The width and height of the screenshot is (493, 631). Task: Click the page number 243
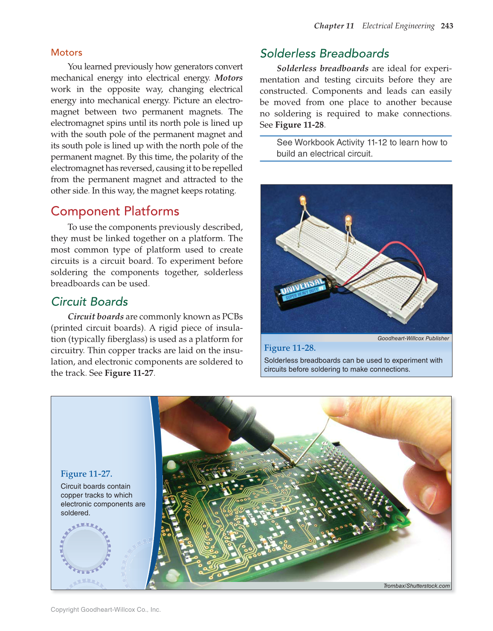pyautogui.click(x=447, y=26)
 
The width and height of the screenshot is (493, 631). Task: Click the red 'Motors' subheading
pyautogui.click(x=67, y=52)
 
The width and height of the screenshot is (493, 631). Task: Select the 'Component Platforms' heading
pyautogui.click(x=115, y=211)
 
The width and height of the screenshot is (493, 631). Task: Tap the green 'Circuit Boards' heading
pyautogui.click(x=90, y=302)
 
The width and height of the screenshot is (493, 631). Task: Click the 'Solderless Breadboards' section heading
pyautogui.click(x=325, y=53)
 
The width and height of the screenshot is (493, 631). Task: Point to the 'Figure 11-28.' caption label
pyautogui.click(x=290, y=348)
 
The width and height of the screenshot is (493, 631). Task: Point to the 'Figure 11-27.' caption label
pyautogui.click(x=87, y=474)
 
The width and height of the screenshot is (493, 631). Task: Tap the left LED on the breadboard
pyautogui.click(x=303, y=200)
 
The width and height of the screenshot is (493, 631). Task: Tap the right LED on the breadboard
pyautogui.click(x=348, y=221)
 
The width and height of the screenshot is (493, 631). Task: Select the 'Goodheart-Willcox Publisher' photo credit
pyautogui.click(x=413, y=338)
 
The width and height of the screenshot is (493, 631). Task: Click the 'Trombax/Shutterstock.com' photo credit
pyautogui.click(x=416, y=586)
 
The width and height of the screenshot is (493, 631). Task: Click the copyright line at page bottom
pyautogui.click(x=106, y=610)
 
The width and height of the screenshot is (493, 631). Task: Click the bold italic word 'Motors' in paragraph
pyautogui.click(x=229, y=78)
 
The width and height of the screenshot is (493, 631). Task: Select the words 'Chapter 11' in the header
pyautogui.click(x=334, y=26)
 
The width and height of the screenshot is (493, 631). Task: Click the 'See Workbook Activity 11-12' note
pyautogui.click(x=362, y=148)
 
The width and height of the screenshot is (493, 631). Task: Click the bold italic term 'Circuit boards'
pyautogui.click(x=96, y=317)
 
